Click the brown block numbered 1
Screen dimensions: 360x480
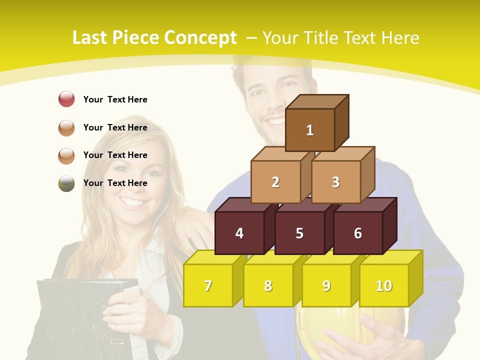[310, 130]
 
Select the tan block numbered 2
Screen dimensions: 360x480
[275, 182]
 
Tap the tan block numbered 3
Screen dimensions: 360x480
[335, 182]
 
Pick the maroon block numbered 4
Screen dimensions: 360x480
[239, 233]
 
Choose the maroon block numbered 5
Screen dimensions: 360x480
[299, 233]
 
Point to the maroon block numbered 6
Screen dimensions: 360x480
[358, 233]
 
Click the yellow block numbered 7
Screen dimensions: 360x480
[208, 285]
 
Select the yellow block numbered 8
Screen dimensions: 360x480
[268, 285]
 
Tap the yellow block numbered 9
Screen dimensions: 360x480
[326, 285]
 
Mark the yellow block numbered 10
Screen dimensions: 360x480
[384, 285]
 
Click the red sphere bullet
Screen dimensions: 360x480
[66, 99]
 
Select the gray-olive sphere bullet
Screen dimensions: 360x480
[66, 183]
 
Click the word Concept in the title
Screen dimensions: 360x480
[200, 37]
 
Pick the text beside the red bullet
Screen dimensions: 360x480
[115, 99]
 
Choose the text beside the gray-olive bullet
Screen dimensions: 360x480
[115, 183]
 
